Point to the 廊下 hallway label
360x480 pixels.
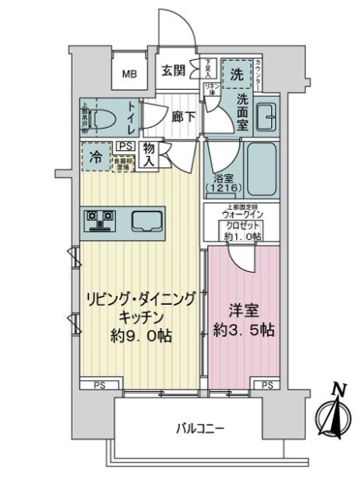point(183,115)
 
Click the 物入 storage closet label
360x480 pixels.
point(150,154)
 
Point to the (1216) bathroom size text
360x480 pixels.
point(221,188)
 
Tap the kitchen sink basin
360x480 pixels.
point(146,219)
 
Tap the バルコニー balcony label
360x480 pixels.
point(200,429)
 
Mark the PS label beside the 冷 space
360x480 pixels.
point(125,146)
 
